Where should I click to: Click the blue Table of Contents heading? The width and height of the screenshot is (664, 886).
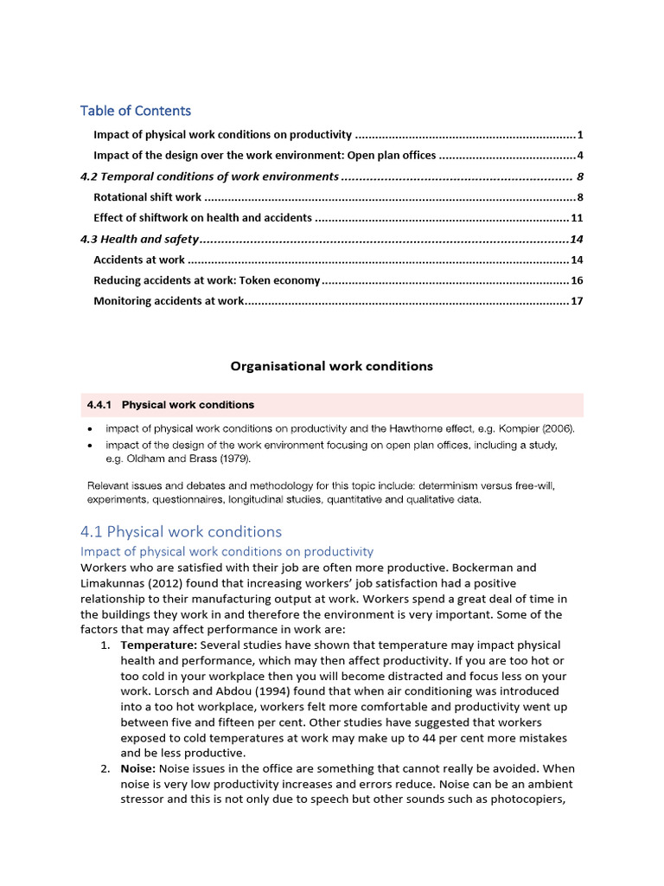click(136, 111)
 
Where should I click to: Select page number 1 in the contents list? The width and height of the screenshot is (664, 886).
click(580, 135)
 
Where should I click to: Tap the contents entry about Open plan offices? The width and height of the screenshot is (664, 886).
click(265, 156)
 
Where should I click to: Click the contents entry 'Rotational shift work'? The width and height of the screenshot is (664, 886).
click(147, 197)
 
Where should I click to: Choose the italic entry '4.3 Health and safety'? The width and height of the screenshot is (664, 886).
click(139, 239)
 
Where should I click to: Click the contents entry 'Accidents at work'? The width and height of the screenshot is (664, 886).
click(138, 260)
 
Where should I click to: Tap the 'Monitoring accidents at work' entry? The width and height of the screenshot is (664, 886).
click(169, 301)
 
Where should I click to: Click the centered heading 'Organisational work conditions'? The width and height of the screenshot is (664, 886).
click(331, 366)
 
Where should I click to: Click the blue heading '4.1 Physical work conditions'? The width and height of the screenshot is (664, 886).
click(181, 531)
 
